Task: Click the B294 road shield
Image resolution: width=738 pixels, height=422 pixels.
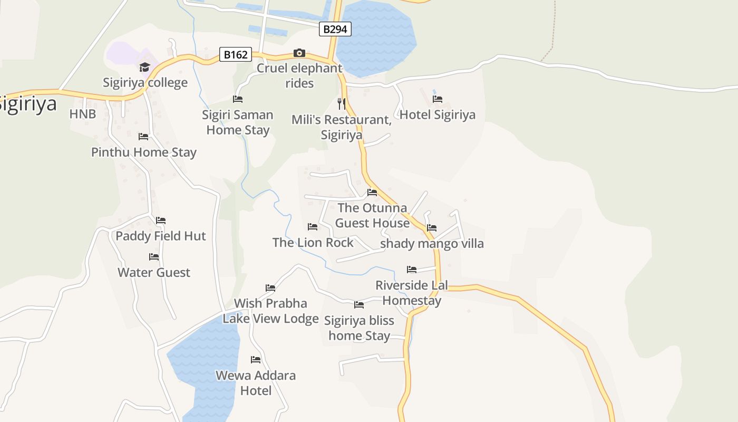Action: [335, 29]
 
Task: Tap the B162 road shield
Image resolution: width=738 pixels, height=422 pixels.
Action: [235, 54]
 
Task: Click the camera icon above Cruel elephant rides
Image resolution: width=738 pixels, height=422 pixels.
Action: [299, 53]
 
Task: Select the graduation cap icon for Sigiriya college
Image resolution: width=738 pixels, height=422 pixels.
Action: [144, 67]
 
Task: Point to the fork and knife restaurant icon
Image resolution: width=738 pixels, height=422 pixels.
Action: [342, 103]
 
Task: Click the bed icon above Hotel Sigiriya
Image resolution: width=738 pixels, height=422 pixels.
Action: [437, 99]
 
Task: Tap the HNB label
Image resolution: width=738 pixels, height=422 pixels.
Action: [83, 114]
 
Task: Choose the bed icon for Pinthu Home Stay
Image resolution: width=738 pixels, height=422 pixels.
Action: [143, 137]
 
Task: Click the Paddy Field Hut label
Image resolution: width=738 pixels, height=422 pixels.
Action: [161, 236]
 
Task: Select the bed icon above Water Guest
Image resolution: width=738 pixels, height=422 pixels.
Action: [154, 257]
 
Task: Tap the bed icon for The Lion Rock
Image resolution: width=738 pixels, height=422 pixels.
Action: [313, 227]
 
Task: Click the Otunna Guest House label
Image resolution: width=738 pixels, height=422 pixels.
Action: [372, 215]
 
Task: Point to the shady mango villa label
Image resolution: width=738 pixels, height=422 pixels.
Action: [432, 244]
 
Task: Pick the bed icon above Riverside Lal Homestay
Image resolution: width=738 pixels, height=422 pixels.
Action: [412, 270]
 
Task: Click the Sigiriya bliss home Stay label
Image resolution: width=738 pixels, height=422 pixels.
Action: [359, 328]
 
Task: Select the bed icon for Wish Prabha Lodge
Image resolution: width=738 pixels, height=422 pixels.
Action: [270, 288]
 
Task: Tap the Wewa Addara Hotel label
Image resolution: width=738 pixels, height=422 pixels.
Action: [256, 383]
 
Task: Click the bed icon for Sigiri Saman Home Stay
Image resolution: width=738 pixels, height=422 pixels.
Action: [238, 99]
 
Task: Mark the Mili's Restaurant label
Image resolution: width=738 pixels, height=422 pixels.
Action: [342, 127]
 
